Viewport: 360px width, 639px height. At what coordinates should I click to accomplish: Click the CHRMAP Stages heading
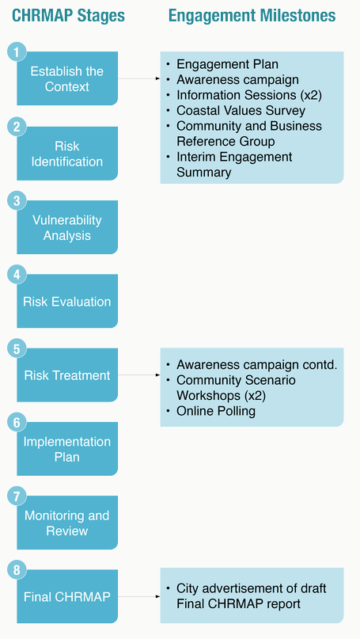click(x=68, y=16)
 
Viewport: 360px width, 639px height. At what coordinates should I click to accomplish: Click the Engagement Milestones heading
click(x=252, y=16)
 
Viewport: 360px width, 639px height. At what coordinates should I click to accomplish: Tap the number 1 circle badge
click(x=17, y=52)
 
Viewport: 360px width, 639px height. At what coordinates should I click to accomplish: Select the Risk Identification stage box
click(x=67, y=154)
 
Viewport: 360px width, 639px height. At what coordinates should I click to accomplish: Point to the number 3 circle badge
click(x=17, y=200)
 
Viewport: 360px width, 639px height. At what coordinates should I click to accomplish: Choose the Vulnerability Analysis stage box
click(x=67, y=227)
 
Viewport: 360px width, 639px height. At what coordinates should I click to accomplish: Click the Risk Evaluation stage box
click(x=67, y=301)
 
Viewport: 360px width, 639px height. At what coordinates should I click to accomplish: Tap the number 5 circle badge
click(x=17, y=348)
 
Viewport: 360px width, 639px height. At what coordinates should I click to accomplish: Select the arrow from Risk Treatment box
click(x=139, y=375)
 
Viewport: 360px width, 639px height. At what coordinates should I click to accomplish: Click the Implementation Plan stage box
click(x=67, y=449)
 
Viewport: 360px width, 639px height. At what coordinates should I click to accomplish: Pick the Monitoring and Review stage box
click(x=67, y=523)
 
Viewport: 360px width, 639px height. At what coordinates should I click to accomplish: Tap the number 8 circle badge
click(x=17, y=570)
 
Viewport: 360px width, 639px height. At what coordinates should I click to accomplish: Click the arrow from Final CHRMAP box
click(x=139, y=596)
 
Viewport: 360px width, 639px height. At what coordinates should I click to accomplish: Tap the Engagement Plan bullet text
click(x=227, y=64)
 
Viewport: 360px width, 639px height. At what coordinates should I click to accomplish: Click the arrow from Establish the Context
click(x=139, y=78)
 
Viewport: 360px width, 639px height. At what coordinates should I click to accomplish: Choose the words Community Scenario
click(x=236, y=380)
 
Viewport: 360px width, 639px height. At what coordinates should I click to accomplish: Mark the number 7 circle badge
click(x=17, y=496)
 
